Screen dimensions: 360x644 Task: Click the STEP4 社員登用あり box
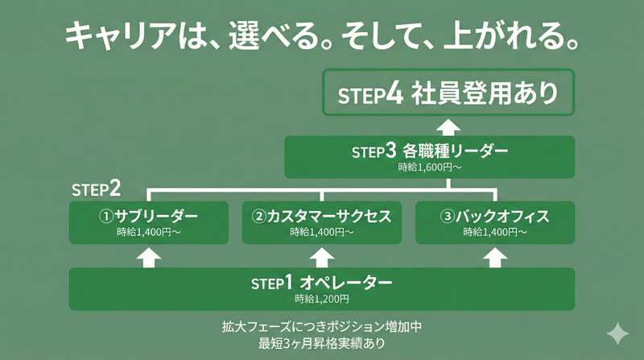448,93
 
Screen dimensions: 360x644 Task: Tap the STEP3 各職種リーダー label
430,151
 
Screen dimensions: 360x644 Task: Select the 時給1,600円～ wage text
430,168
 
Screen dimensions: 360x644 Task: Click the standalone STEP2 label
96,189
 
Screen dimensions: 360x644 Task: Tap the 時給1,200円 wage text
321,299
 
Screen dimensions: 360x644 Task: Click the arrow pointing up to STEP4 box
448,126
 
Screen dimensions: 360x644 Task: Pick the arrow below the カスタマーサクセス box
321,257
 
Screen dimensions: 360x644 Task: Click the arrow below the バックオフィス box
494,257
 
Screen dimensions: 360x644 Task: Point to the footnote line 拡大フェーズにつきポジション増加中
321,328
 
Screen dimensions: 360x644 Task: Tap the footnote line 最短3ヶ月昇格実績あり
321,344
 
